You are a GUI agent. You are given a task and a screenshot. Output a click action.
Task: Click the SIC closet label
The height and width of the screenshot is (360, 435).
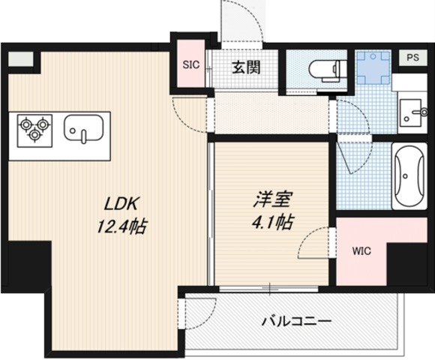190,65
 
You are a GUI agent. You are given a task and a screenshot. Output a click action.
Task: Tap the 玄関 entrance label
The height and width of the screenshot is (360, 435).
246,67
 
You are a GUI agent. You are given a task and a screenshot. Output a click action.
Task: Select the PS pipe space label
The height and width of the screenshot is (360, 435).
412,58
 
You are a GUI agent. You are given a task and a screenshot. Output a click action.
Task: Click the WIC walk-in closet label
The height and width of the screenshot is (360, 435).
361,251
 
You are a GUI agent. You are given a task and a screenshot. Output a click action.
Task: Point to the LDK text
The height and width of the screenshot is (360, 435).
121,204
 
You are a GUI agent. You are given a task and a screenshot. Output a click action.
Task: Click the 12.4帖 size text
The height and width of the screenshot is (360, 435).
121,226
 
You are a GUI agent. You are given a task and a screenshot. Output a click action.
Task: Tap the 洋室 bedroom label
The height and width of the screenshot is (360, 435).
271,199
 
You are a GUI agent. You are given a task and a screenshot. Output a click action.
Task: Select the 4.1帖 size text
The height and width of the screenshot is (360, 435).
272,222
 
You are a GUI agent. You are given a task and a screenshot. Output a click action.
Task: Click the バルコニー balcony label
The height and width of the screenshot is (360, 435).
296,322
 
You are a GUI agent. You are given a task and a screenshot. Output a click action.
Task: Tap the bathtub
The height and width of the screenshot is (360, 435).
409,176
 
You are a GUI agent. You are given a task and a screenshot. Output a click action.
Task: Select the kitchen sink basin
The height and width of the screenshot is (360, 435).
84,129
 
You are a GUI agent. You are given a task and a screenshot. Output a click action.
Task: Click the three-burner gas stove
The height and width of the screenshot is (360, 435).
34,130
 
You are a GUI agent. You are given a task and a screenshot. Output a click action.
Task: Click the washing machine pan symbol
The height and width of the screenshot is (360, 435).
373,67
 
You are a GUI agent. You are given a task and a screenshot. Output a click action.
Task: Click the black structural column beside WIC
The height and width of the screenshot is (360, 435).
406,264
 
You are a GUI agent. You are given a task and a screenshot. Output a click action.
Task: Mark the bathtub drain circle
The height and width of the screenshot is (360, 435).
406,176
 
